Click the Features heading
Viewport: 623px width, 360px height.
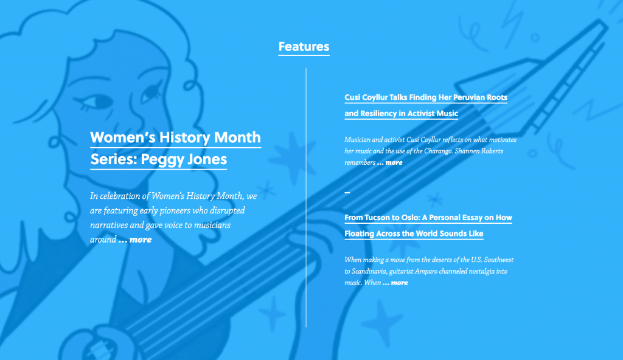coord(304,47)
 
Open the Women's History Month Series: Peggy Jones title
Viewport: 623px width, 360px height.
coord(175,148)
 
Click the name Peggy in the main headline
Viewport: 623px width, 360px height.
coord(162,160)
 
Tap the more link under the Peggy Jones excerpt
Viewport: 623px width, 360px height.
coord(135,240)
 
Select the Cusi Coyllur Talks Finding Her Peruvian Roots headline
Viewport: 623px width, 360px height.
coord(425,105)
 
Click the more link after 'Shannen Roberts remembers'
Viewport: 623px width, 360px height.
coord(390,162)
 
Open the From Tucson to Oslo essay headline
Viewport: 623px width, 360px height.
coord(428,225)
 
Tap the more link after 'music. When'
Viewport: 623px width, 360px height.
coord(395,283)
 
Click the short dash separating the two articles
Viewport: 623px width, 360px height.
coord(347,192)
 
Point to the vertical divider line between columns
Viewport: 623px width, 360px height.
coord(306,198)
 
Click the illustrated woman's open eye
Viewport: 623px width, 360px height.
coord(97,101)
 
